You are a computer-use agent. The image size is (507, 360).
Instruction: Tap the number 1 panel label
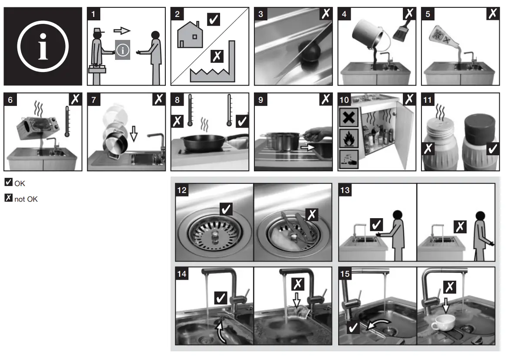(x=93, y=13)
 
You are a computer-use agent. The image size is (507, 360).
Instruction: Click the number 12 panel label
(x=182, y=190)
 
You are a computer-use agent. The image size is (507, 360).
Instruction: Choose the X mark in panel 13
(x=460, y=226)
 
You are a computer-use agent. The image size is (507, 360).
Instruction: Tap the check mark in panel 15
(x=353, y=327)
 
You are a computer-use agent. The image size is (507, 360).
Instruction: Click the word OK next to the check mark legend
(x=20, y=183)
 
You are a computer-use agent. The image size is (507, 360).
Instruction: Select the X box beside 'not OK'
(x=8, y=200)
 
